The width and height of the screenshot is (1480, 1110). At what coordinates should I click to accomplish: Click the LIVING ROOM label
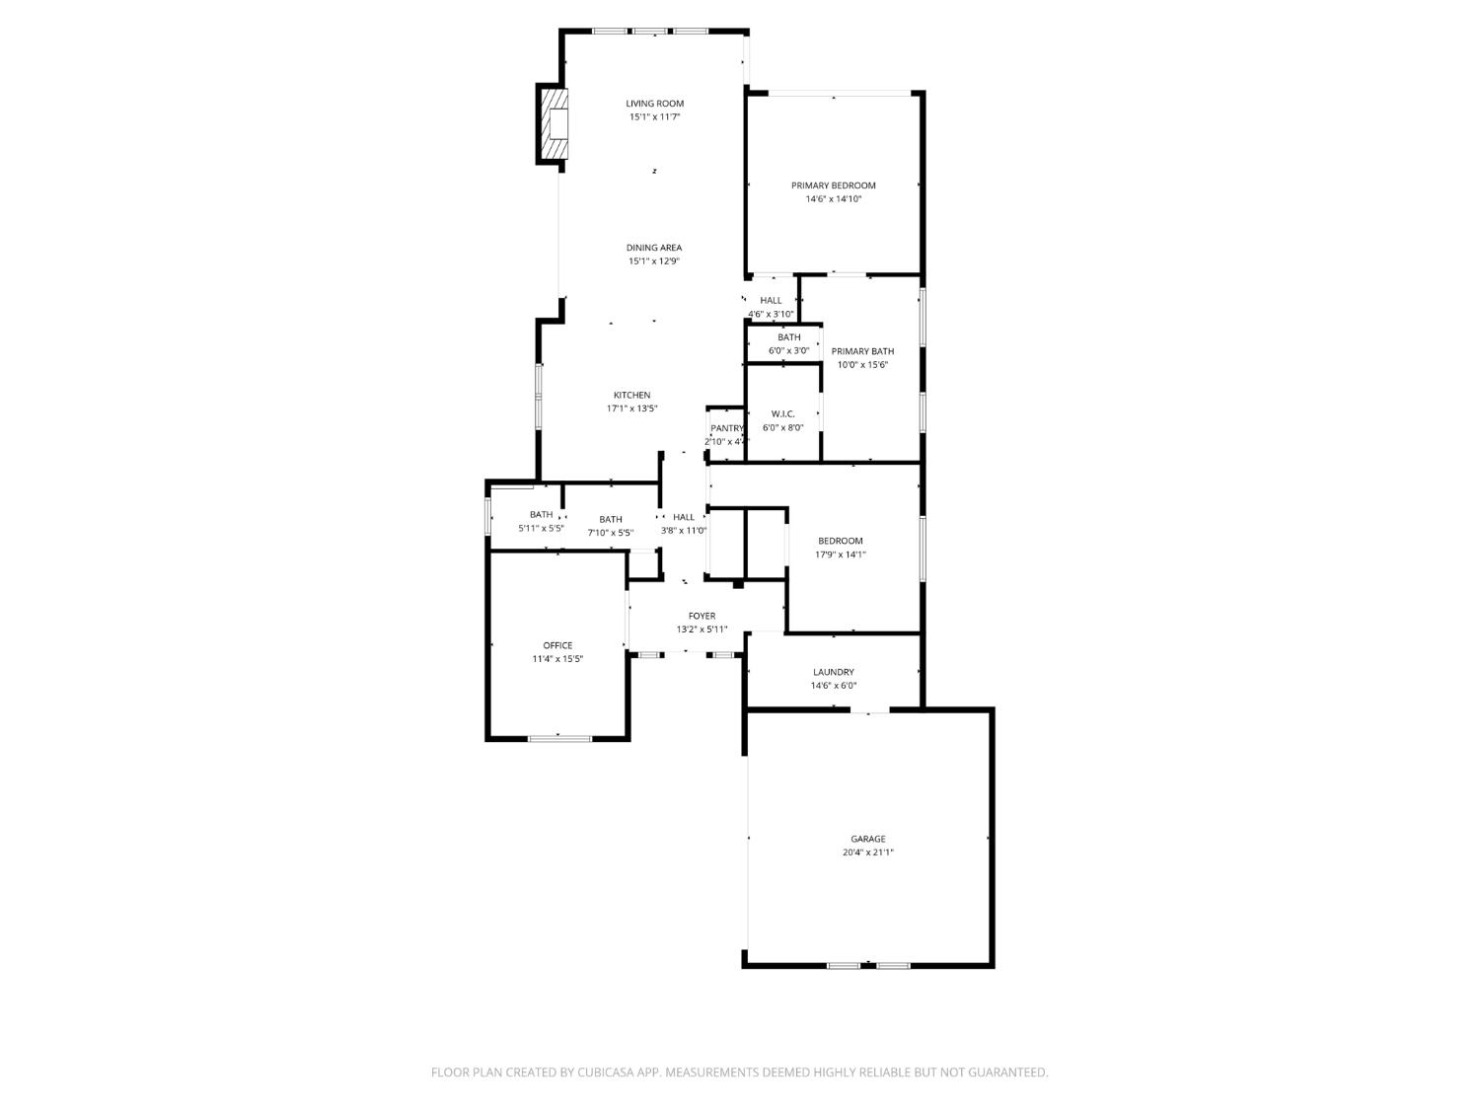click(654, 104)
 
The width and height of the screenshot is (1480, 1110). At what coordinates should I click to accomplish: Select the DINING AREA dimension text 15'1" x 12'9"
click(654, 261)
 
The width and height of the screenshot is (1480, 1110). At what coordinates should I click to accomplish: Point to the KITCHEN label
click(631, 395)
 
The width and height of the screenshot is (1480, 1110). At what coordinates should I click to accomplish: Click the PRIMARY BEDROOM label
click(833, 185)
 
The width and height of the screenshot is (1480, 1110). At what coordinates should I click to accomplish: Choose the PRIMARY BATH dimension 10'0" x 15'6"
click(862, 365)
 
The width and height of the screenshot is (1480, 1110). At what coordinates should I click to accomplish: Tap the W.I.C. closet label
click(782, 414)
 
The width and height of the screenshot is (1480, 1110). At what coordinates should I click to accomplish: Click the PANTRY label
click(727, 428)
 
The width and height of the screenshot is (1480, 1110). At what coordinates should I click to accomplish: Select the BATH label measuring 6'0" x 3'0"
click(788, 337)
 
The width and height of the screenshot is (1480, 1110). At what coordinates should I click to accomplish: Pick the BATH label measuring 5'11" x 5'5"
click(541, 514)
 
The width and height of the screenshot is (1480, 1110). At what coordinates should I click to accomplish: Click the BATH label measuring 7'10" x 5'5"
click(610, 519)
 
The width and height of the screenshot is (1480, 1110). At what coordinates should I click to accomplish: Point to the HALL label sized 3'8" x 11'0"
click(684, 517)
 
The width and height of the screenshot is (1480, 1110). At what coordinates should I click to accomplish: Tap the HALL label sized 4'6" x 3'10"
click(771, 301)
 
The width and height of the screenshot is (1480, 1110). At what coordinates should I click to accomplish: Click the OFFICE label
click(557, 645)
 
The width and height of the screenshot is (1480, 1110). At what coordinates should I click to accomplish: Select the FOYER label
click(702, 616)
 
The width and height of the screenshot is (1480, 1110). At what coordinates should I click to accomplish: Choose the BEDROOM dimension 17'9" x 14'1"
click(841, 555)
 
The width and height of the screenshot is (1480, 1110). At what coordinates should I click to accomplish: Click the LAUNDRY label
click(833, 672)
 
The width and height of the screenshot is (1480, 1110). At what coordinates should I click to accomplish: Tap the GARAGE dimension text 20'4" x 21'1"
click(868, 852)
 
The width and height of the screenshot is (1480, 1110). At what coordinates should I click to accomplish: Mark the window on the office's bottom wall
click(559, 737)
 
